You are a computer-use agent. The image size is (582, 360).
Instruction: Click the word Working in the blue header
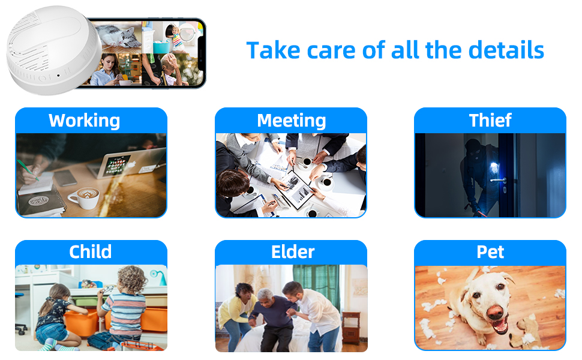click(84, 121)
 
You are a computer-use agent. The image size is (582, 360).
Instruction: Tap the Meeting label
click(292, 121)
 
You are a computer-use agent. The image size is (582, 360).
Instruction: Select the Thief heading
click(490, 120)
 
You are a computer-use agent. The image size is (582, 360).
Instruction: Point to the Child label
click(90, 252)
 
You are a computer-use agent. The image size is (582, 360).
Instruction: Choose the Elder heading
click(293, 252)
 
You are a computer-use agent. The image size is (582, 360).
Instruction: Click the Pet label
click(490, 253)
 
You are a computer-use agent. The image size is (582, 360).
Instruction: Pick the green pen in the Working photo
click(28, 170)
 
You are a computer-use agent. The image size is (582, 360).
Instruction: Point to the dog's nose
click(494, 312)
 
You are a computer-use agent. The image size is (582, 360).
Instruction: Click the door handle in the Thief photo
click(499, 181)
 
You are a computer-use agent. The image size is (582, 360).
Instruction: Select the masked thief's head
click(473, 148)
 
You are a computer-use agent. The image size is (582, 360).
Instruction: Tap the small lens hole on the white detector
click(58, 76)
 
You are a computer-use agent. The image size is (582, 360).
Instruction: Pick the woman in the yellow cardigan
click(235, 312)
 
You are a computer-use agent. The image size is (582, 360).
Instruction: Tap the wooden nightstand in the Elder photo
click(351, 327)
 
